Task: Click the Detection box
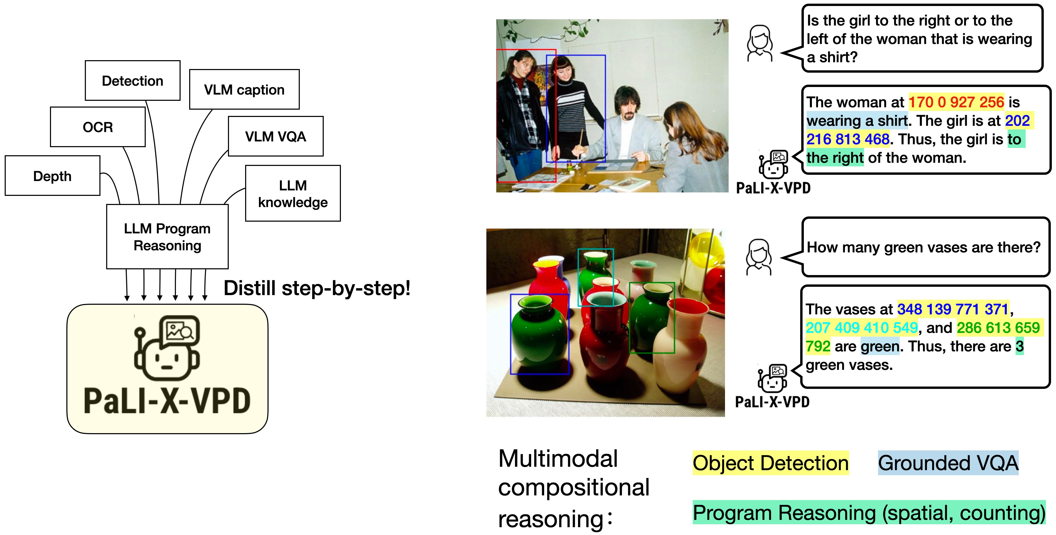click(132, 80)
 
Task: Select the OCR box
click(98, 127)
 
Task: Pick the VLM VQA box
click(276, 136)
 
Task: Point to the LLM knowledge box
click(293, 193)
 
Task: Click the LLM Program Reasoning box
click(167, 237)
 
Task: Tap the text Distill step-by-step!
click(316, 288)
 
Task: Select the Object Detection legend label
click(770, 463)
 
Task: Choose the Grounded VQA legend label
click(948, 463)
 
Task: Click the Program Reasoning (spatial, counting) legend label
click(869, 512)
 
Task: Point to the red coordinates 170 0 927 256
click(956, 102)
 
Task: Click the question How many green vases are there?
click(923, 247)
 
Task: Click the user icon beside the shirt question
click(760, 44)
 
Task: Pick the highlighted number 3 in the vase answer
click(1019, 346)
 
